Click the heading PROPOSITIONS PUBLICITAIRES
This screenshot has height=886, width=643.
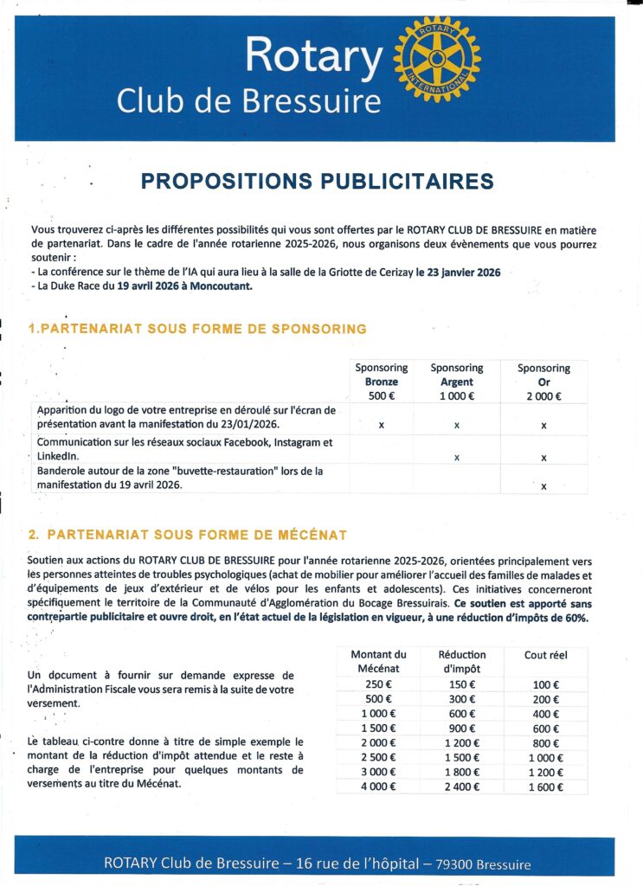[317, 182]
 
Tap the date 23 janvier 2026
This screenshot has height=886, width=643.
[458, 273]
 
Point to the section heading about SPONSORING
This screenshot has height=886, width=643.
[197, 329]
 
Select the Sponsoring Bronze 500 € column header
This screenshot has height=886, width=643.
[381, 382]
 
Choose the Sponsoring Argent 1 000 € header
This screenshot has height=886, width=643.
[457, 382]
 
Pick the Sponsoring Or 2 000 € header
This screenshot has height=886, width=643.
[543, 382]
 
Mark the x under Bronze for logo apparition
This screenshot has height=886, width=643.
[382, 425]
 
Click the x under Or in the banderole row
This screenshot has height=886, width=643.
[543, 486]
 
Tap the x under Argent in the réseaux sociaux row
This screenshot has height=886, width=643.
[457, 457]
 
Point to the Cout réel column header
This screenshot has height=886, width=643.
[545, 655]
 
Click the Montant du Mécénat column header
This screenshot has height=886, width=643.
[378, 661]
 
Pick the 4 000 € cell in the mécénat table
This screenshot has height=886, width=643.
[378, 786]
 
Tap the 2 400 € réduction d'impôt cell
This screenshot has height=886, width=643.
[461, 786]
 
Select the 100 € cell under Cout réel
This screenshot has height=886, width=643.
[545, 684]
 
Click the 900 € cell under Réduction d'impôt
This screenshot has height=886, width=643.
[461, 728]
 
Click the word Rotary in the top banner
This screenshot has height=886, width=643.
[313, 57]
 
